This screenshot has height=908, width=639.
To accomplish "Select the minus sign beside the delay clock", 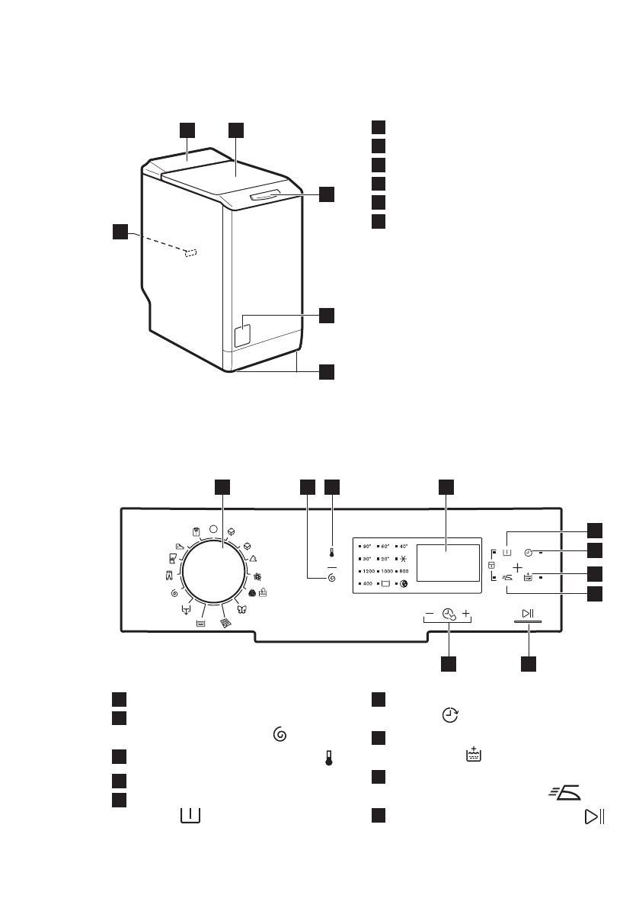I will point(430,613).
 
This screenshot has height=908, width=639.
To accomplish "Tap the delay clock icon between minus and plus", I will point(449,614).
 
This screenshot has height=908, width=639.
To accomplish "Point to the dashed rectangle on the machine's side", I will point(191,252).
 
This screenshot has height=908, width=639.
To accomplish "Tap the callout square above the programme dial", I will point(221,487).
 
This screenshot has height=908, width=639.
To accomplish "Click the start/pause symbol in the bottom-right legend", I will point(593,817).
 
